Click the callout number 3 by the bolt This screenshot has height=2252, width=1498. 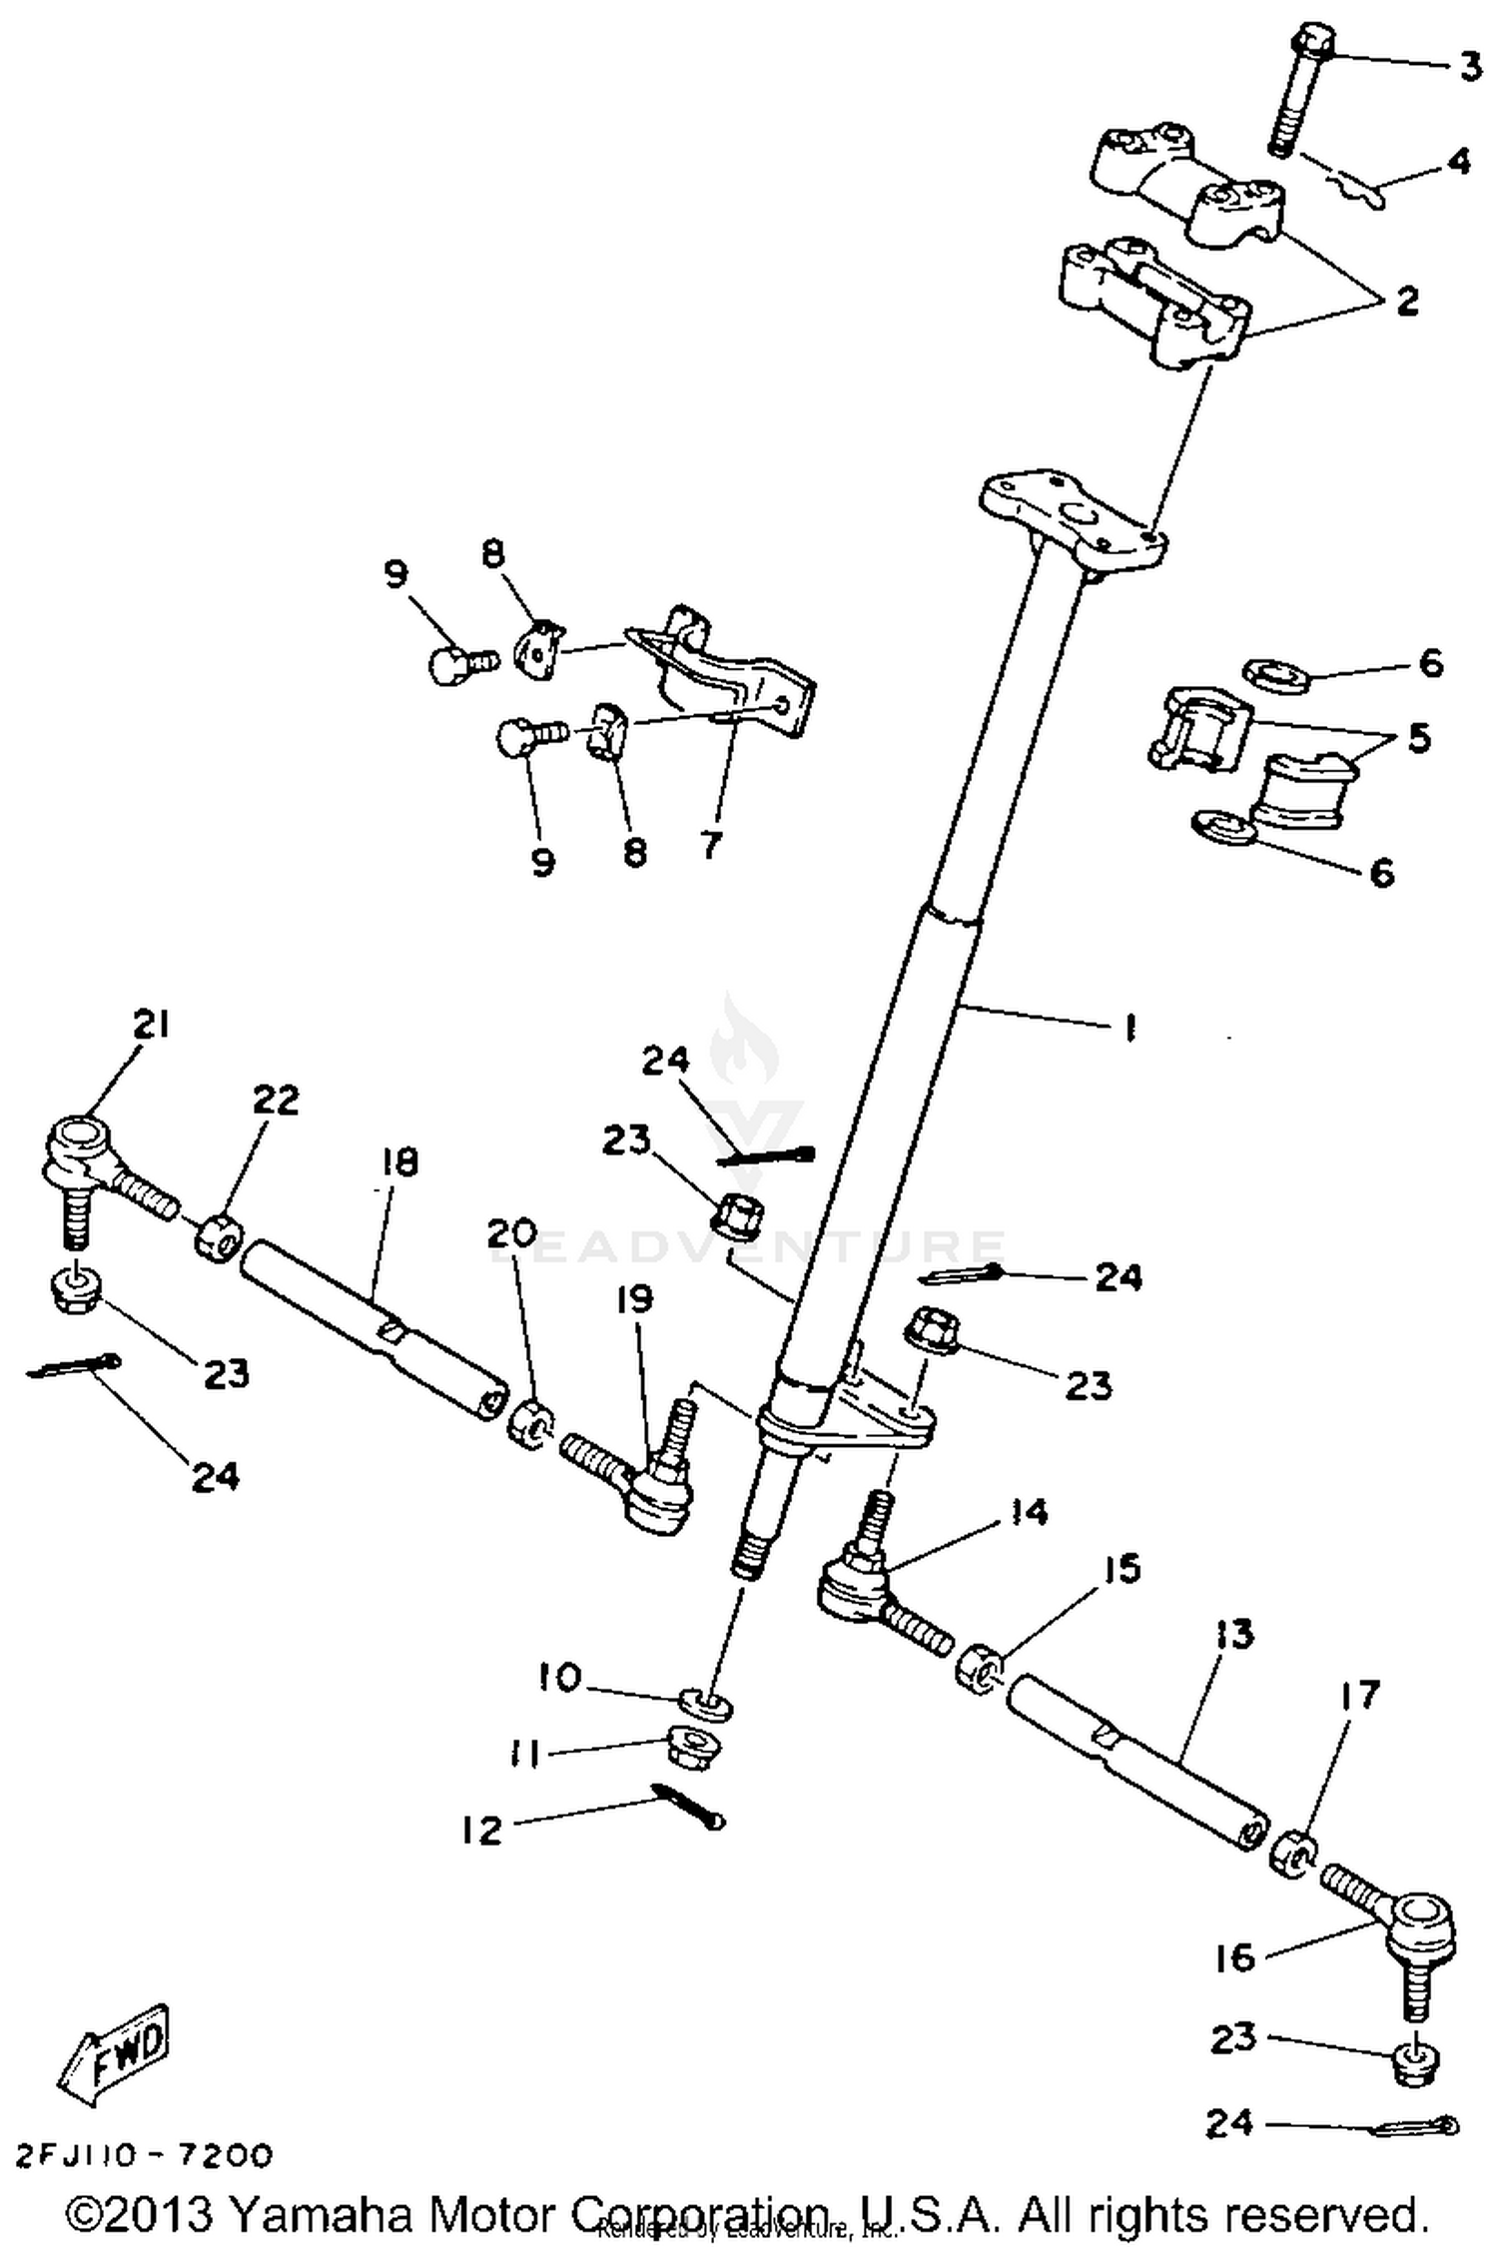click(1468, 68)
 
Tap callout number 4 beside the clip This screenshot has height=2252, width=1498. click(1459, 160)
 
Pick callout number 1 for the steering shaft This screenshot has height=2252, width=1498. click(1129, 1029)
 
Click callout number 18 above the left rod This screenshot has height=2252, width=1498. click(397, 1162)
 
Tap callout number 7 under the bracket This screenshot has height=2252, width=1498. click(710, 846)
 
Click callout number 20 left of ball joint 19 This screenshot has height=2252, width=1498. click(511, 1234)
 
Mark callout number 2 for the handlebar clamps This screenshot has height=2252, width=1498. click(1407, 300)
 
